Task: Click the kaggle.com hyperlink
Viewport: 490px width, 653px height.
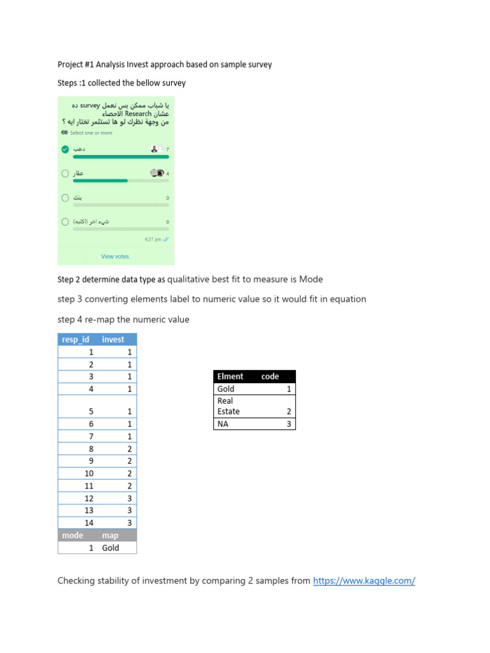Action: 364,581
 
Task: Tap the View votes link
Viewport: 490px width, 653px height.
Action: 115,256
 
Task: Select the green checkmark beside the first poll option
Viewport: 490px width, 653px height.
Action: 65,149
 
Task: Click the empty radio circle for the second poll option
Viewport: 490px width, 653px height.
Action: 65,173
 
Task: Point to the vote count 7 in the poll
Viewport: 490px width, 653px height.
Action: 167,149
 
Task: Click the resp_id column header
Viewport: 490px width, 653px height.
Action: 75,339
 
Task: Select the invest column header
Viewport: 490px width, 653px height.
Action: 113,339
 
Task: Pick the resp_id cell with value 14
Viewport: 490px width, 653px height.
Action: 89,523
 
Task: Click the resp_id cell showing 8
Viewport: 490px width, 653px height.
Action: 91,449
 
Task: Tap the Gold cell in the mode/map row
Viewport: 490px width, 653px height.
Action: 110,548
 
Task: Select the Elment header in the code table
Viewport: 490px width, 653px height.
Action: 230,376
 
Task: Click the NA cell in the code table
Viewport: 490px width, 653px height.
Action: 223,423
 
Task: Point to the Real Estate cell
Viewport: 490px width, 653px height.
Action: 228,406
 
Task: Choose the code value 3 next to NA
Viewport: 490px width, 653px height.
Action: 288,423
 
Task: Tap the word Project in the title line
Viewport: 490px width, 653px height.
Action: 70,64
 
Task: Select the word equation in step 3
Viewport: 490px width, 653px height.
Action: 347,299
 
